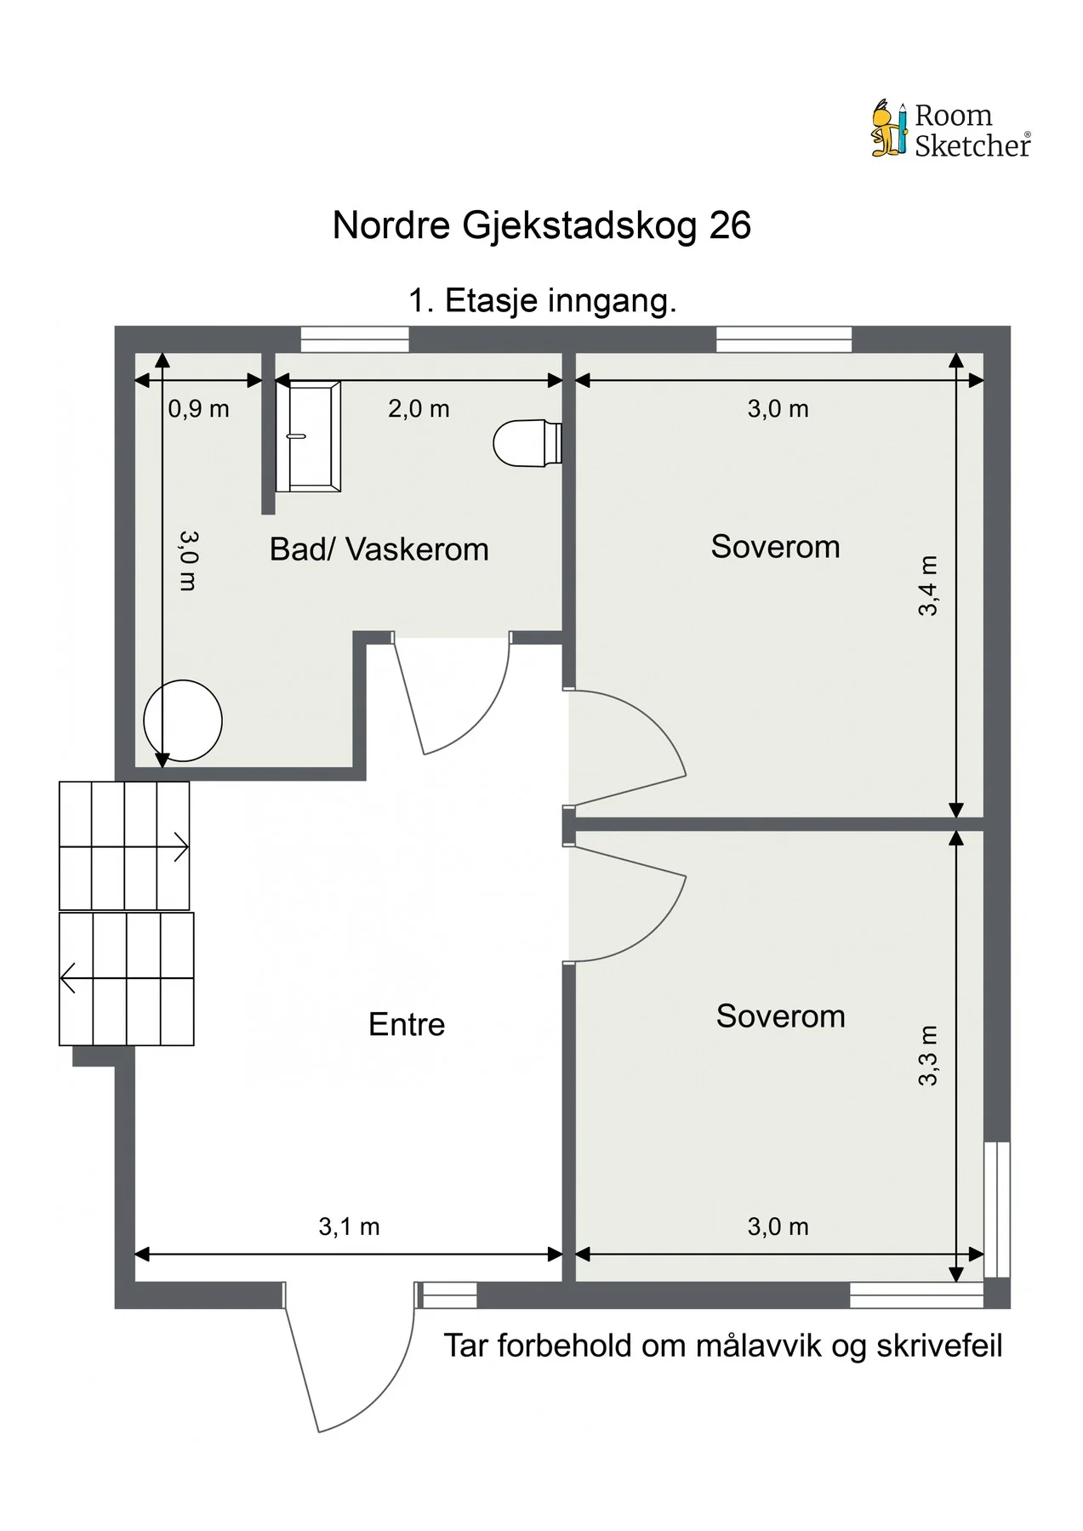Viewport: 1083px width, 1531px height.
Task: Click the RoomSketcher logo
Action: pyautogui.click(x=951, y=129)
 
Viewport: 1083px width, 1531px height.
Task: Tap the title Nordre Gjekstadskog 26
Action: pyautogui.click(x=542, y=226)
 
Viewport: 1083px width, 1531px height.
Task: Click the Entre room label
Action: pyautogui.click(x=407, y=1024)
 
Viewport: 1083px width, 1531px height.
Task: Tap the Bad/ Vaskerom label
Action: pyautogui.click(x=379, y=549)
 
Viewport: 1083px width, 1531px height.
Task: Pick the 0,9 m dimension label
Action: pyautogui.click(x=198, y=409)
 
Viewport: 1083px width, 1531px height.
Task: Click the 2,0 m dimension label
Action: pyautogui.click(x=419, y=409)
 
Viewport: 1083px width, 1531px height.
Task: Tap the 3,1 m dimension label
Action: pyautogui.click(x=349, y=1227)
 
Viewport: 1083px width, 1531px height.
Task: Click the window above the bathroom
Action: pyautogui.click(x=355, y=339)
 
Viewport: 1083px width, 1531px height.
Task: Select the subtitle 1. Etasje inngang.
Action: pyautogui.click(x=542, y=301)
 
